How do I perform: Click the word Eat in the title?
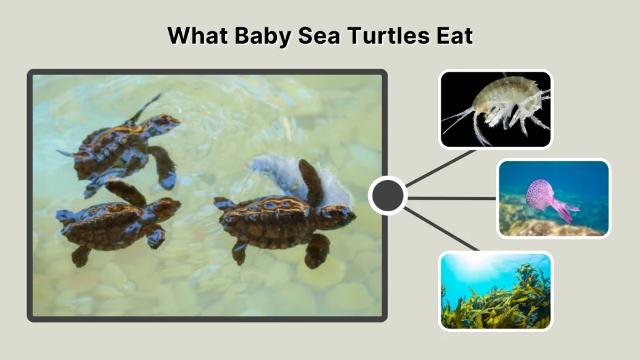click(x=456, y=36)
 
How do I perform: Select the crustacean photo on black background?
click(x=496, y=109)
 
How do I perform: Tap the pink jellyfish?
click(x=542, y=196)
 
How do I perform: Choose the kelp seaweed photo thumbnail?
click(x=496, y=291)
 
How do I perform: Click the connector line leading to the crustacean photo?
click(x=441, y=167)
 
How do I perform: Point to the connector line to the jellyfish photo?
click(x=451, y=198)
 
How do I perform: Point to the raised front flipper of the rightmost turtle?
click(x=311, y=181)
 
